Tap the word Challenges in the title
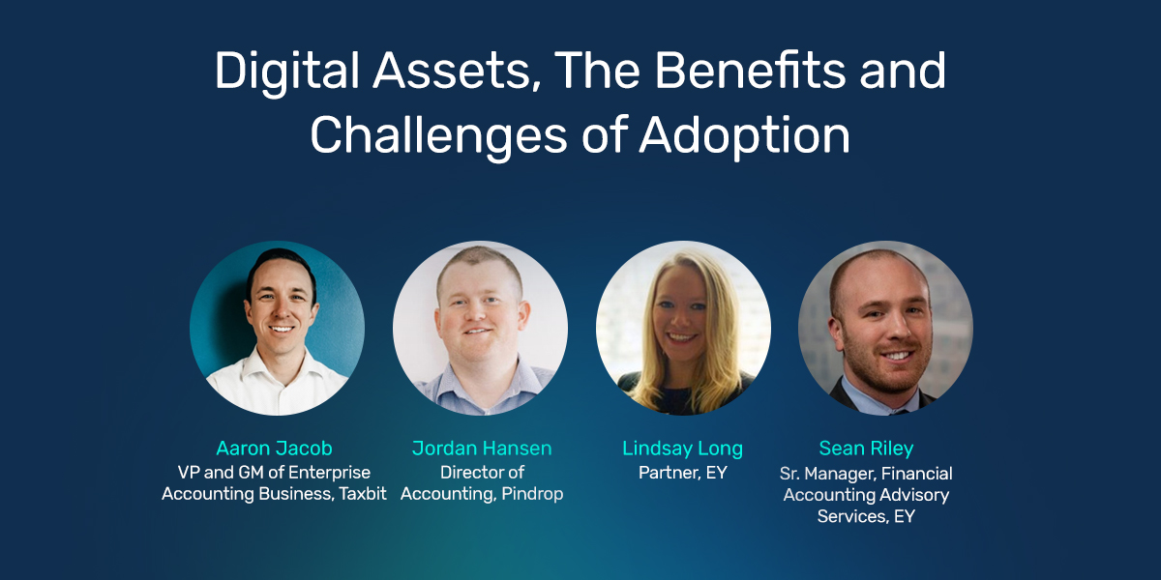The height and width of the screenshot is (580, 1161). click(x=437, y=135)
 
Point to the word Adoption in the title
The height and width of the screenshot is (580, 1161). click(x=744, y=135)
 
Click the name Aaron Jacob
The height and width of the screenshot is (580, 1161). click(x=274, y=449)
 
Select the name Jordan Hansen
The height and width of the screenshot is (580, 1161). click(x=482, y=449)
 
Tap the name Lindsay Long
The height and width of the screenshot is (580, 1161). click(x=683, y=449)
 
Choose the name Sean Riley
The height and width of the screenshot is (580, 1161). click(x=866, y=449)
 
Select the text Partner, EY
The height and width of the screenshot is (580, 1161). click(x=683, y=473)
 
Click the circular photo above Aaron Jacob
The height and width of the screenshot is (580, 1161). click(x=277, y=328)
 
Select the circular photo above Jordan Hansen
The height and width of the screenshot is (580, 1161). click(x=480, y=328)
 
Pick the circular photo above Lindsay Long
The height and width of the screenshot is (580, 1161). click(x=683, y=328)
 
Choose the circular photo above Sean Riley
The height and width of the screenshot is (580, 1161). click(x=885, y=328)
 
